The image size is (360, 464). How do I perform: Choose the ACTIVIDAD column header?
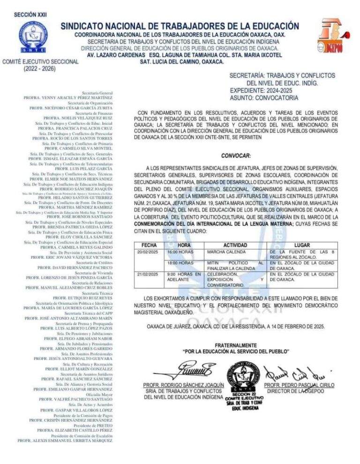pos(235,245)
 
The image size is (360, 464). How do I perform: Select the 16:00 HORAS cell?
pos(180,252)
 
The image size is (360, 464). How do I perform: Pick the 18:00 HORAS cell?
pos(180,263)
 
